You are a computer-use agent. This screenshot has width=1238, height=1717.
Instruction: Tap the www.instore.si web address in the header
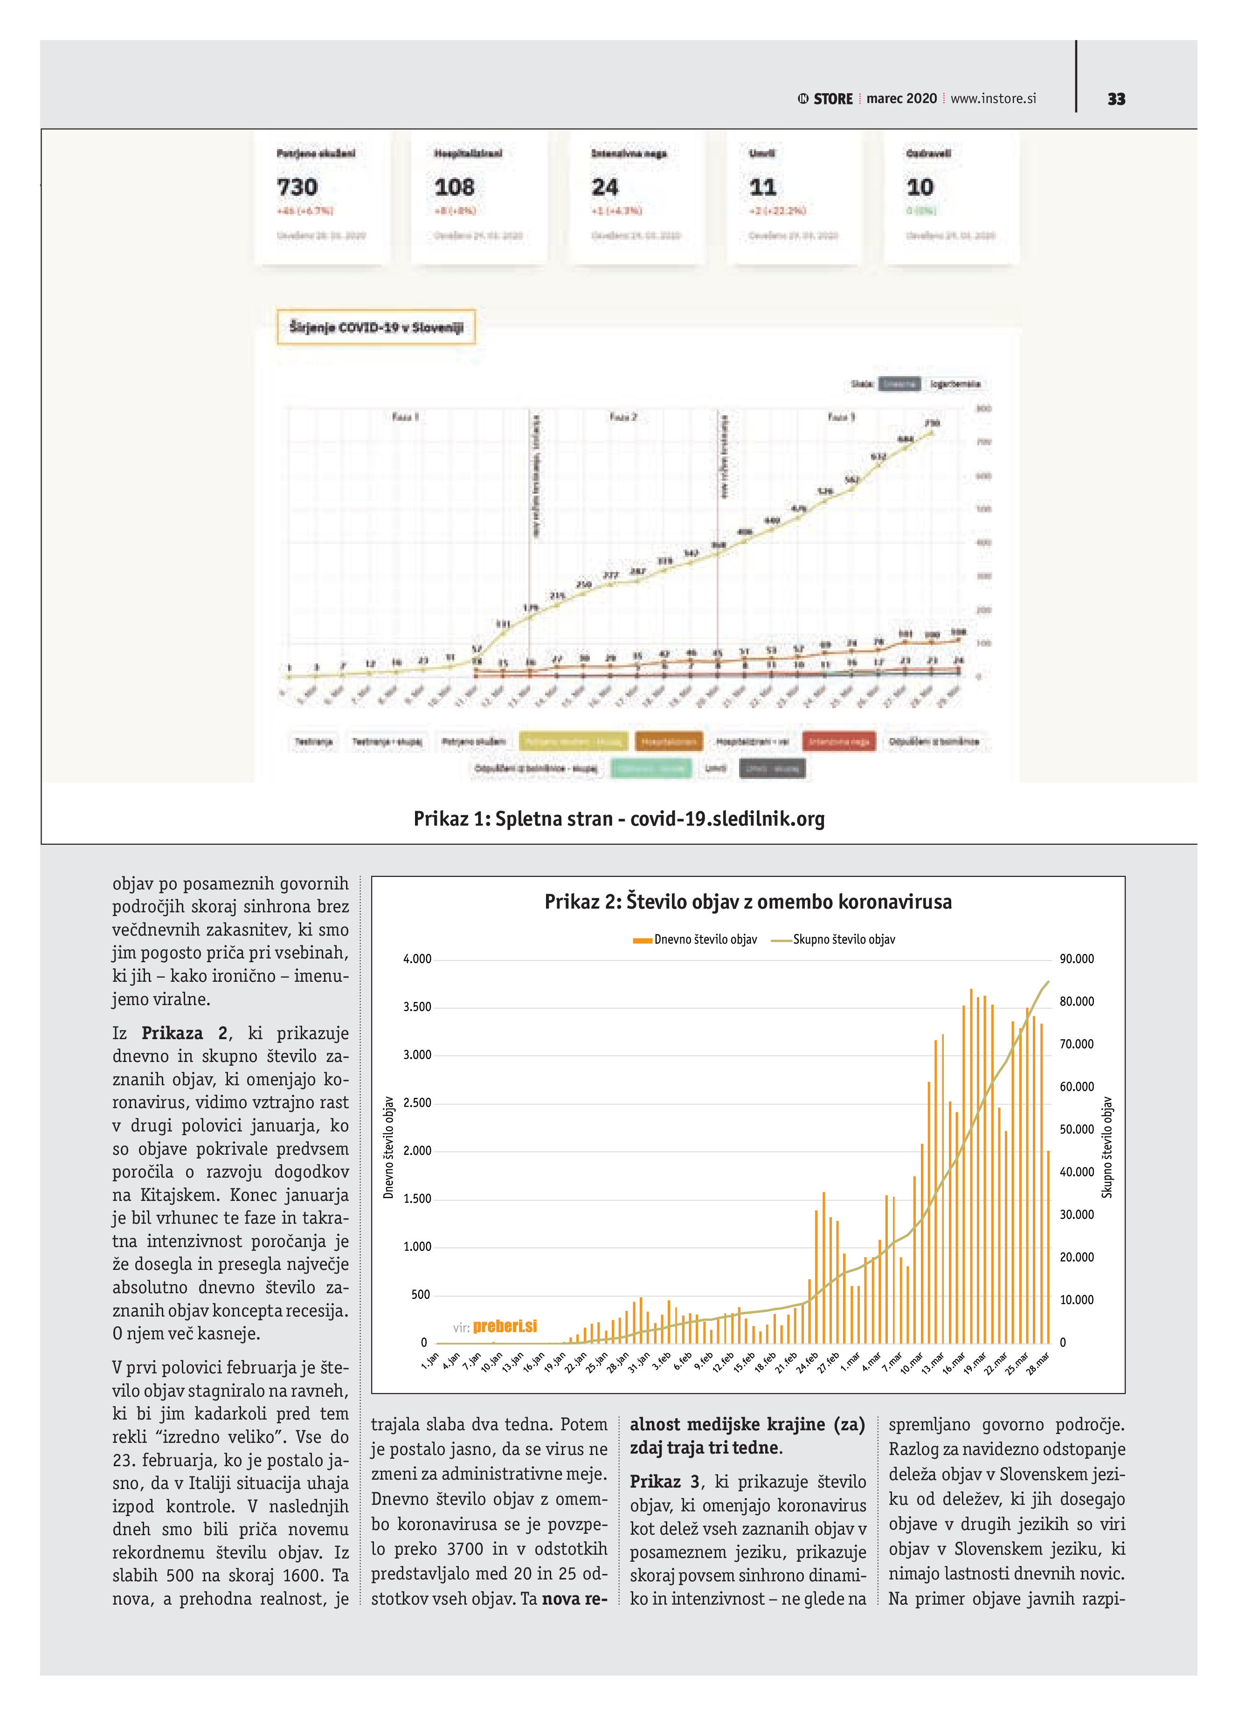(993, 98)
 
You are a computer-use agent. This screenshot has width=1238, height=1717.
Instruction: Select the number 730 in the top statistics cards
(297, 187)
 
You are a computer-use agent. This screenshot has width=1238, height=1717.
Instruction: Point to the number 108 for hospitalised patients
(454, 187)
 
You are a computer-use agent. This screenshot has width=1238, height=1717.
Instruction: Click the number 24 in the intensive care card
(605, 187)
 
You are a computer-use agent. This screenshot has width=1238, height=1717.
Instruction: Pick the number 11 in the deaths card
(762, 187)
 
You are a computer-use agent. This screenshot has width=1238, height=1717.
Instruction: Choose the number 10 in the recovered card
(920, 187)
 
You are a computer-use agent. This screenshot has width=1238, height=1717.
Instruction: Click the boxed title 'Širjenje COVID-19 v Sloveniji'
(376, 327)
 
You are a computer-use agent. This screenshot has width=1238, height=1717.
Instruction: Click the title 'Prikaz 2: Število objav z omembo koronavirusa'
(748, 902)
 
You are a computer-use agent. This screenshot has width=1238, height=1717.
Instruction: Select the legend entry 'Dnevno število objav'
(705, 939)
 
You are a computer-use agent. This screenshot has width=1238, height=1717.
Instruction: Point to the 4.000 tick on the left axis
(417, 959)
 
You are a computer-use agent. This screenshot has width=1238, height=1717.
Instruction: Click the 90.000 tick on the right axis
(1077, 959)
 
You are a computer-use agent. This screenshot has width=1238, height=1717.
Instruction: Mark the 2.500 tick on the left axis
(417, 1103)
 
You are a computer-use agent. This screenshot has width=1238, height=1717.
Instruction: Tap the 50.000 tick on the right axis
(1077, 1130)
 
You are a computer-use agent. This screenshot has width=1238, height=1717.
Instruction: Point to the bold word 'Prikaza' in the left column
(172, 1034)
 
